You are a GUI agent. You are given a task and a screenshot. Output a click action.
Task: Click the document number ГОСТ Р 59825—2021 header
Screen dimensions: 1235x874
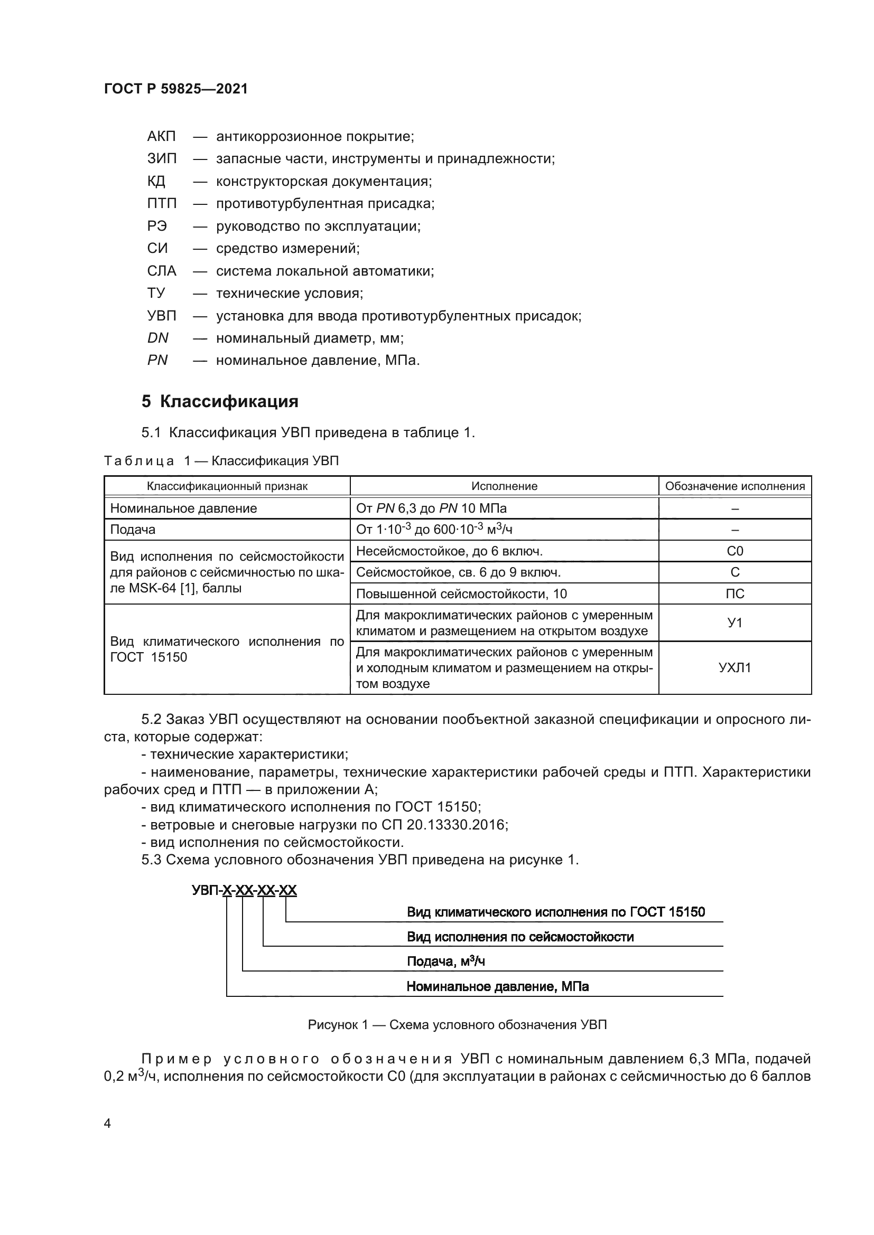click(x=175, y=89)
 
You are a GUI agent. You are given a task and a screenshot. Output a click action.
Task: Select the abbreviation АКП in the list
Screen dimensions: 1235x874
click(x=161, y=136)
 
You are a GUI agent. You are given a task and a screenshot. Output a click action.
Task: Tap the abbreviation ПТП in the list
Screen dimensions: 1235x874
click(x=162, y=203)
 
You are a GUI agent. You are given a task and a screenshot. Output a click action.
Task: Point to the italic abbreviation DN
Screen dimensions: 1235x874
click(x=157, y=338)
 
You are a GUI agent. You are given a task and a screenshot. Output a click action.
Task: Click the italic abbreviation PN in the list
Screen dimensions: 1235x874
click(x=157, y=360)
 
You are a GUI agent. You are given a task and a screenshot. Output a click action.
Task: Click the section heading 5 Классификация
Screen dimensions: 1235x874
click(x=220, y=401)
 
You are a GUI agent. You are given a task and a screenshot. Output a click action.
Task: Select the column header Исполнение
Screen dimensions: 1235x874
click(x=504, y=486)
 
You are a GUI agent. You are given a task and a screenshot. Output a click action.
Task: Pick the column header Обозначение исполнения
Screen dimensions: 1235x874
click(x=734, y=486)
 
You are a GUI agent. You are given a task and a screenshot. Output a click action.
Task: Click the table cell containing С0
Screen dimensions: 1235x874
click(x=734, y=551)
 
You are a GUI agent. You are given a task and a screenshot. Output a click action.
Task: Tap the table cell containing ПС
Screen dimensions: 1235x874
click(x=734, y=594)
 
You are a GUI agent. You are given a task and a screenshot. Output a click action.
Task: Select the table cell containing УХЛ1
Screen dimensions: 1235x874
click(x=734, y=668)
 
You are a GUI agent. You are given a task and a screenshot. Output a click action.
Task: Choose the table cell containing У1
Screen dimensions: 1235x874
click(x=734, y=623)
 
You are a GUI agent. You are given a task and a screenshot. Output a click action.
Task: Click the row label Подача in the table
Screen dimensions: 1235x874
click(x=133, y=529)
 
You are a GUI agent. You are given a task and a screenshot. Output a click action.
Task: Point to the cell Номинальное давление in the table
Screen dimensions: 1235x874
click(x=183, y=508)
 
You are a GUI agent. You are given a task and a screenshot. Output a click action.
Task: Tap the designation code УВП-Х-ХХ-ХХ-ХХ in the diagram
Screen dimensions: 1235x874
click(x=244, y=890)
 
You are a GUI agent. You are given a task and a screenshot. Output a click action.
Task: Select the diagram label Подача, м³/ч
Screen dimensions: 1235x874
click(x=445, y=961)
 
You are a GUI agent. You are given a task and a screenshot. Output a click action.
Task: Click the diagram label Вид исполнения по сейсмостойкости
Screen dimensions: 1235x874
click(x=520, y=937)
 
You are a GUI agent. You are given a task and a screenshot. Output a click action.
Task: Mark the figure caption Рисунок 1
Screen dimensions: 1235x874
click(x=457, y=1025)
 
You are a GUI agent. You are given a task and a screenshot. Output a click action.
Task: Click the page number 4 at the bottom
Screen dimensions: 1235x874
click(x=107, y=1124)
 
